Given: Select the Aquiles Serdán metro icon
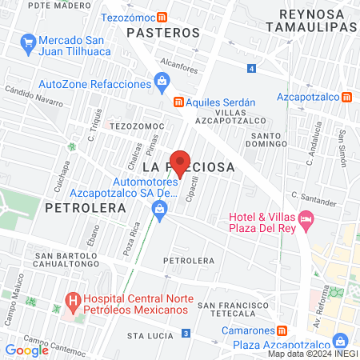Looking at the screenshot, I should (179, 102).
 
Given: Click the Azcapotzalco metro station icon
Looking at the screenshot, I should (346, 97).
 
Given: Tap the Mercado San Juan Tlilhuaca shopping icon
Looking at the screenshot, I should (29, 41).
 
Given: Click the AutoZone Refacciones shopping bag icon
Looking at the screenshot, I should (162, 79).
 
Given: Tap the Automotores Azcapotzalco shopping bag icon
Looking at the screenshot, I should (159, 209).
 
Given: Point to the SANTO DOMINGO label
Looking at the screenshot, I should (263, 140).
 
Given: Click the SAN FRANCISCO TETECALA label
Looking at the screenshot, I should (233, 310).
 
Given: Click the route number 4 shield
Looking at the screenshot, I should (252, 69).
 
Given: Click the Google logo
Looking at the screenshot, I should (26, 350).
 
